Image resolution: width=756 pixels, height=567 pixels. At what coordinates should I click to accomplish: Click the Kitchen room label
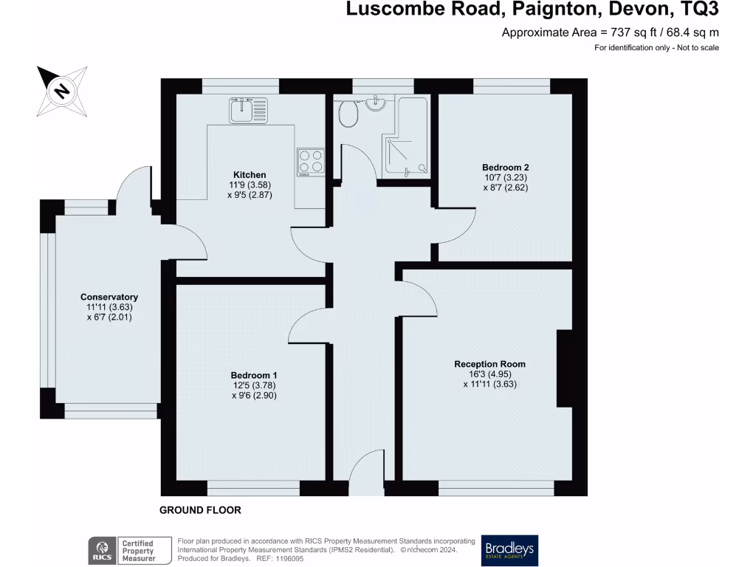250,175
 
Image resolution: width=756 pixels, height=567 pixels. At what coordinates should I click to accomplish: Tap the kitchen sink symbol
248,111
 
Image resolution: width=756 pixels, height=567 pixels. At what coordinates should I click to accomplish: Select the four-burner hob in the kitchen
311,162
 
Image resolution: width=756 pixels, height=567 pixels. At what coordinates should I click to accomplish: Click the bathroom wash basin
375,102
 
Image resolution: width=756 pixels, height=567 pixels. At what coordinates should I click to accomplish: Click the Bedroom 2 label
505,168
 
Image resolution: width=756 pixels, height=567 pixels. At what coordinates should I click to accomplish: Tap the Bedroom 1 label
254,375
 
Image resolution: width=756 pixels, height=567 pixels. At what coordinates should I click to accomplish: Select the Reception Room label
490,364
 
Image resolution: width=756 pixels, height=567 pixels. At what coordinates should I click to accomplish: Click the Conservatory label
109,297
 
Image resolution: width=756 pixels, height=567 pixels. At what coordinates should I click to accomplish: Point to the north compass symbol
62,91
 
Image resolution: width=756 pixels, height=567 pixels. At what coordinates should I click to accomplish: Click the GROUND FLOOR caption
200,510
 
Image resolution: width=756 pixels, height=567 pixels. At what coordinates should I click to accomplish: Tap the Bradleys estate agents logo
509,550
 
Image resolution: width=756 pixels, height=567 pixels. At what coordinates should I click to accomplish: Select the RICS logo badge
102,551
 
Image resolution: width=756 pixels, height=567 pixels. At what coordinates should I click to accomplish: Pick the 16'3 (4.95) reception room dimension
490,374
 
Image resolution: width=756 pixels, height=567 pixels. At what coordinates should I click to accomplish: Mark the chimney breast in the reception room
565,368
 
